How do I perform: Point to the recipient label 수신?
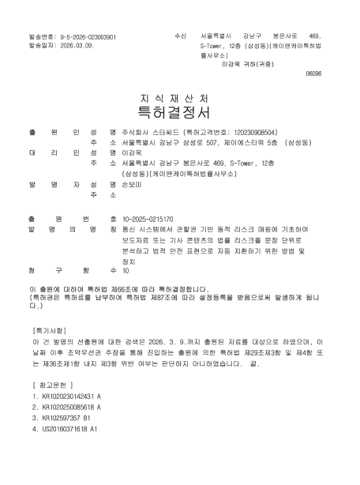179,37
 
